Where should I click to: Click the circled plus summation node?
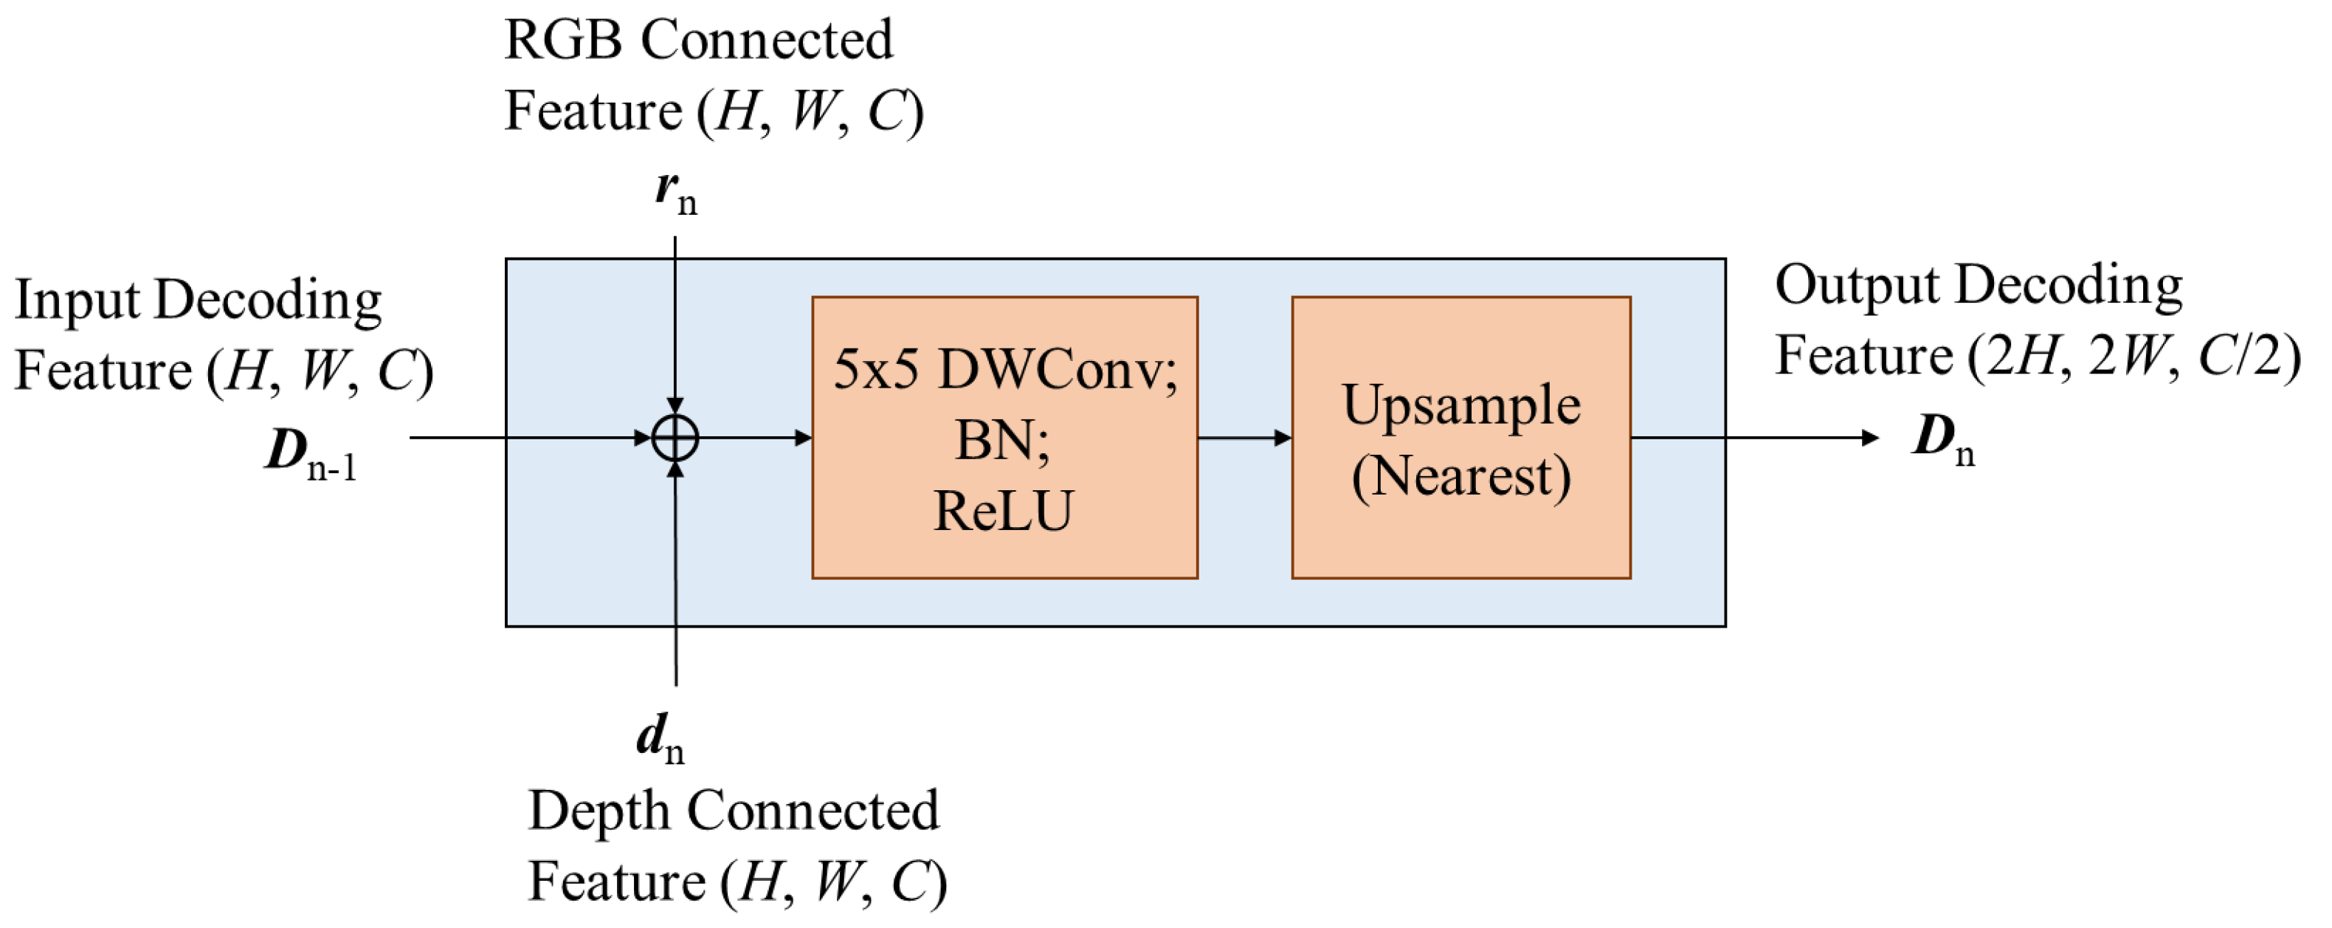point(675,439)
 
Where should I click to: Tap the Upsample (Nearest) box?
point(1460,437)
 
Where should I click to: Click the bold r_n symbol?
point(675,192)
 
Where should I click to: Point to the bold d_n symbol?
point(660,738)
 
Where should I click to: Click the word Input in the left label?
point(76,300)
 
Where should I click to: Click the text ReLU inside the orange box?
point(1002,511)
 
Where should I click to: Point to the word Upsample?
point(1460,405)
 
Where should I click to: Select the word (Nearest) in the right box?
point(1460,476)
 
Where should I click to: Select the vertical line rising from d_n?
point(675,580)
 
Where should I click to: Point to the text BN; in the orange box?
point(1002,441)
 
